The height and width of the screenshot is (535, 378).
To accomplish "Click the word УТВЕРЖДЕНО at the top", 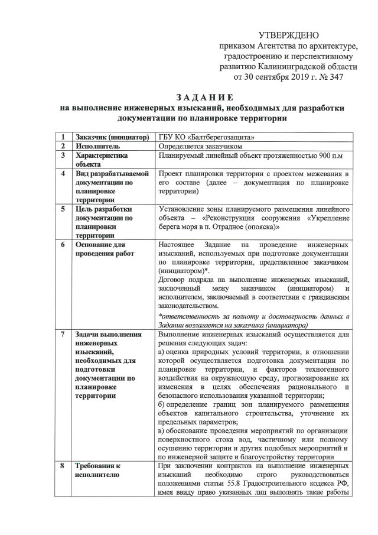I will [289, 36].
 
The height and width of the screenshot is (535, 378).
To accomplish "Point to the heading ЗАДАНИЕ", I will [205, 97].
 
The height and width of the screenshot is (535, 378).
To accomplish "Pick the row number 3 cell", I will [63, 155].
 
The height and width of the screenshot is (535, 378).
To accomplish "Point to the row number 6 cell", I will [63, 244].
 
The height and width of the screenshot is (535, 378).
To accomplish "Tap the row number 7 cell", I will [63, 335].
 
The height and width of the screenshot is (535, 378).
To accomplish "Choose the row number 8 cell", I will [63, 466].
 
